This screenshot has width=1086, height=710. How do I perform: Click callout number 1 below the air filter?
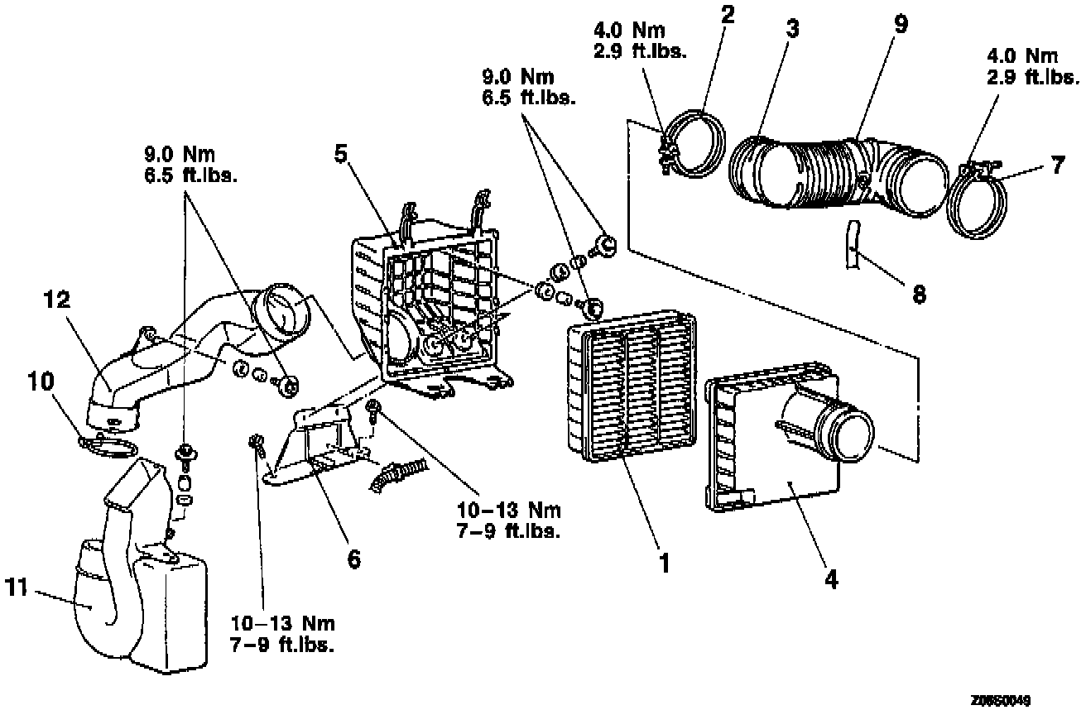(x=663, y=564)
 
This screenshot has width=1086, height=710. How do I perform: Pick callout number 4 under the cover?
(x=830, y=578)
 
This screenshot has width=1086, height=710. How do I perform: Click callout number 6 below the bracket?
(x=353, y=559)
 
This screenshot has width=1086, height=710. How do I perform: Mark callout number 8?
(x=918, y=293)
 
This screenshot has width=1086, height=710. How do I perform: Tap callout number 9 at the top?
(x=901, y=24)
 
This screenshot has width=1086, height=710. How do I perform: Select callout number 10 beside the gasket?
(x=41, y=381)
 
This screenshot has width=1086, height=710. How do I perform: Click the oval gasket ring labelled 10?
(x=108, y=446)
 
